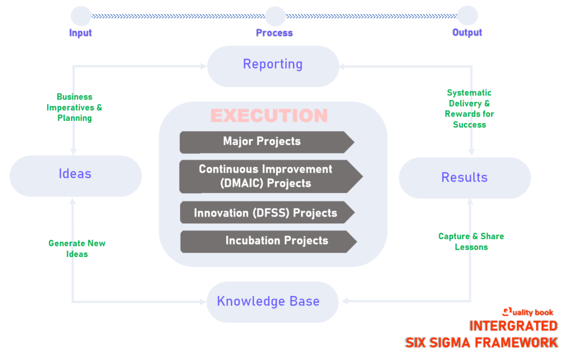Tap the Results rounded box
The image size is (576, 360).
click(464, 178)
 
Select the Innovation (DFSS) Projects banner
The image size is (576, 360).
click(266, 213)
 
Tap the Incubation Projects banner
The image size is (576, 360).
click(268, 241)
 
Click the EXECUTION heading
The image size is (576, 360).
click(269, 115)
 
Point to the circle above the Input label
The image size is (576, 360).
click(81, 16)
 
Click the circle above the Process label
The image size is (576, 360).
click(274, 16)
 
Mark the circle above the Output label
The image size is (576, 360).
click(467, 16)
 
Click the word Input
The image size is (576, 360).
click(80, 33)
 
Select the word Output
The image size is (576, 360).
click(467, 33)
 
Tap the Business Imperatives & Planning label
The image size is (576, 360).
click(74, 107)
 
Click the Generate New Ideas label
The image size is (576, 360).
click(77, 249)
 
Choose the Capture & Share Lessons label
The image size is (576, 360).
click(471, 241)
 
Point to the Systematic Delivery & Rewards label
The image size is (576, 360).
click(469, 109)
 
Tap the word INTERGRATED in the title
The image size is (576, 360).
click(513, 326)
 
